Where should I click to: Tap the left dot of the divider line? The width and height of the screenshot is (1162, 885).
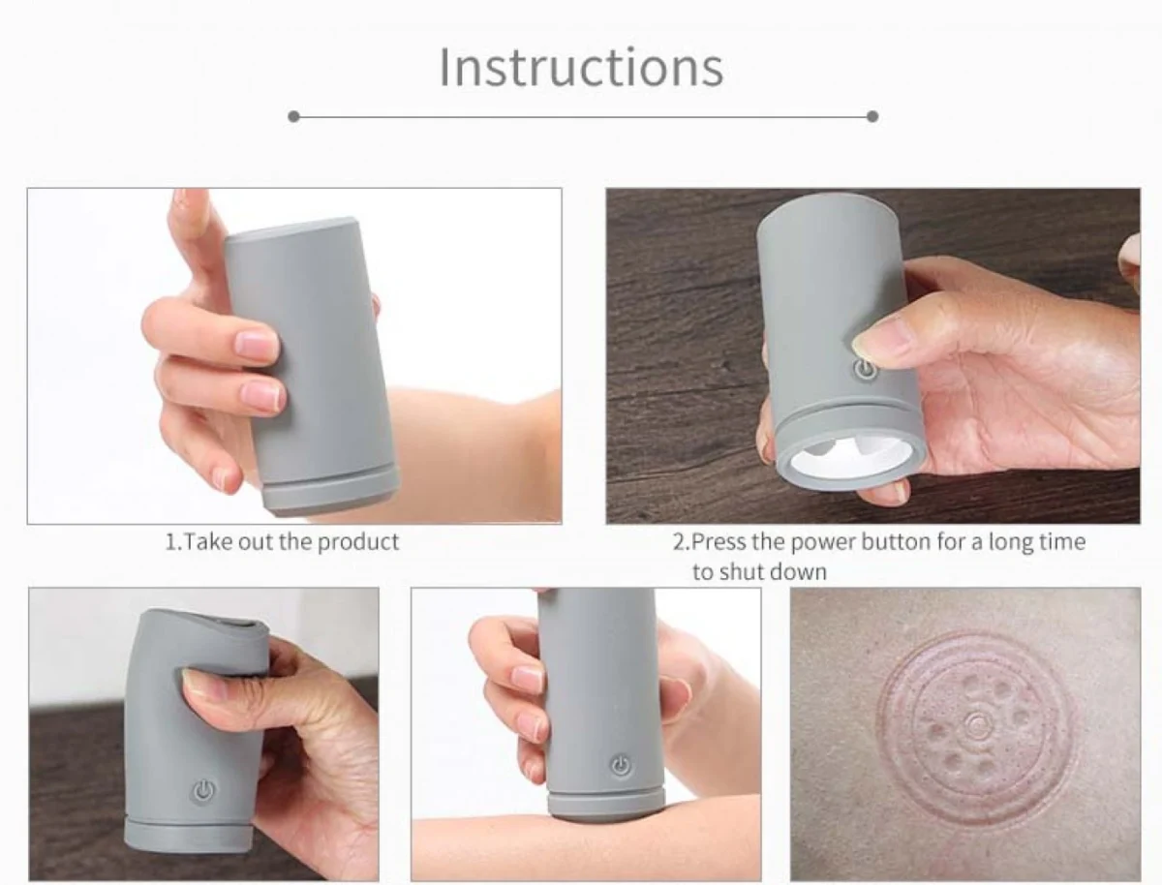pos(293,116)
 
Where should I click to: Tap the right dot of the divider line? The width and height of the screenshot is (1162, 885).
pos(872,116)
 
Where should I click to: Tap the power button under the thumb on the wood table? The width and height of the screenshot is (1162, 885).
pos(865,370)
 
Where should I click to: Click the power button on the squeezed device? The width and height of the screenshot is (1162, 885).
pos(202,792)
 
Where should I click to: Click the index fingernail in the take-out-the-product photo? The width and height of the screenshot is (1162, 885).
pos(256,344)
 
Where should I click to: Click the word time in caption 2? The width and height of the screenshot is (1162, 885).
pos(1060,541)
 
